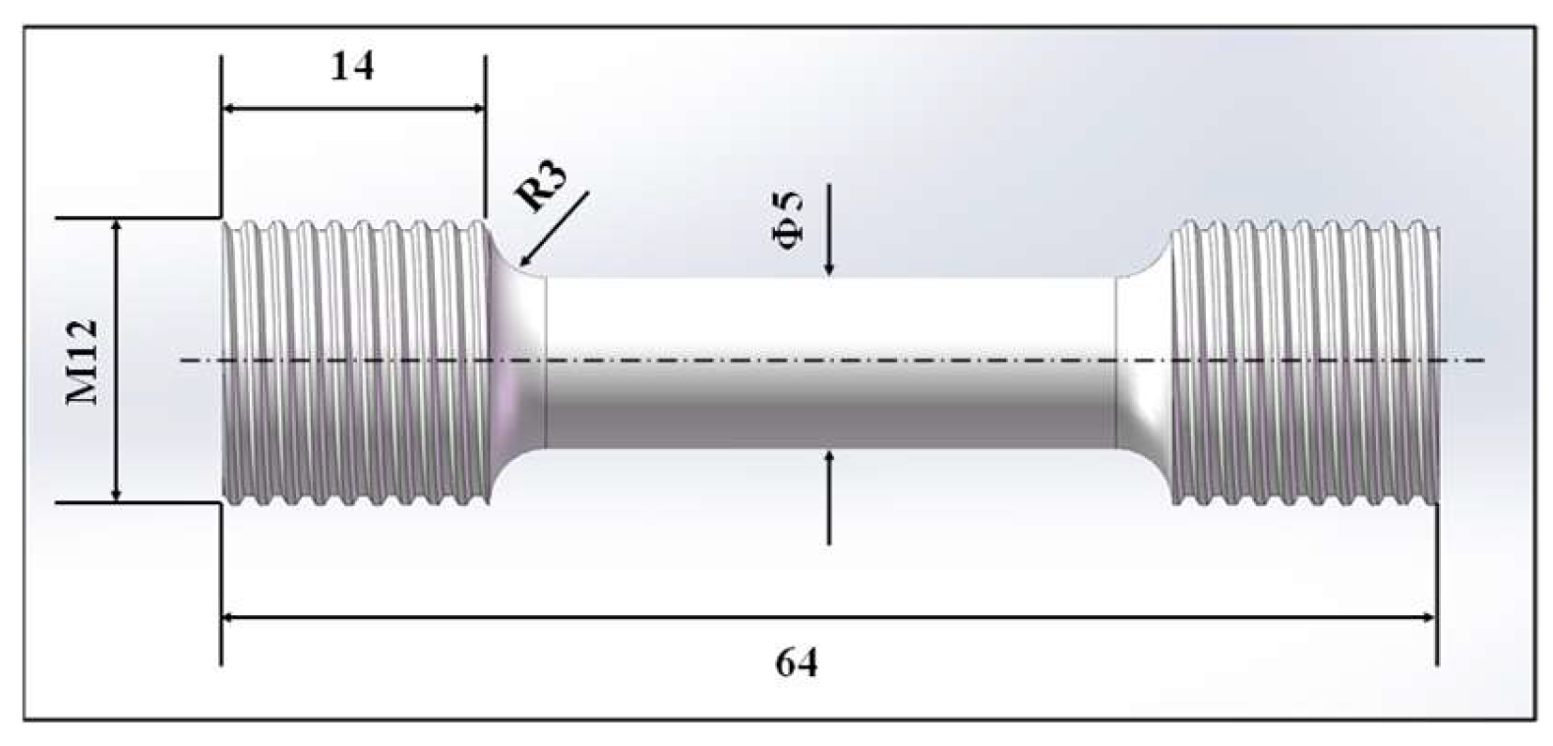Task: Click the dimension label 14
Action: pyautogui.click(x=352, y=67)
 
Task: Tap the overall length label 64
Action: pyautogui.click(x=797, y=663)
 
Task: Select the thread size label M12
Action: pyautogui.click(x=83, y=361)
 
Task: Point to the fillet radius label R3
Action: pyautogui.click(x=543, y=189)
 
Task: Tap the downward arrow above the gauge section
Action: pyautogui.click(x=829, y=265)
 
